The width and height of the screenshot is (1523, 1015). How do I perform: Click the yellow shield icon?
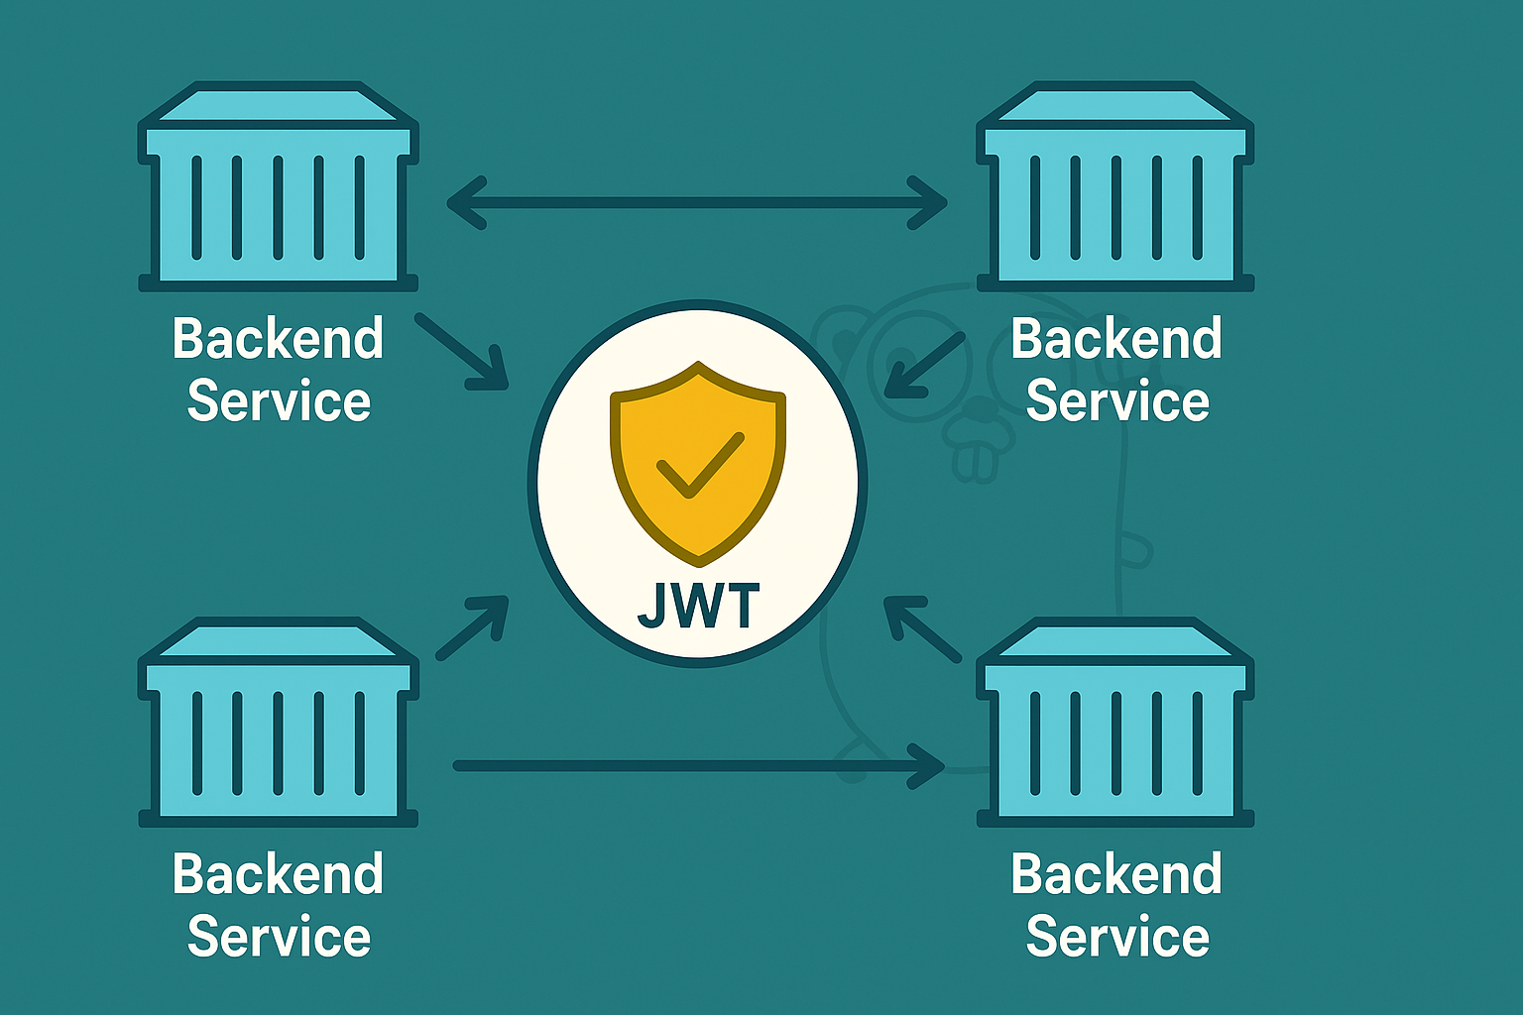point(698,461)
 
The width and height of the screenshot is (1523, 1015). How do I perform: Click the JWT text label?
point(698,606)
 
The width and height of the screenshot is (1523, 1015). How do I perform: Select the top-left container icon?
point(278,188)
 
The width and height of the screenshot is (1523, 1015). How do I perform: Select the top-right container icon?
point(1115,188)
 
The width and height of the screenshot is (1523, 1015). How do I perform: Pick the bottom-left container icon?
point(278,724)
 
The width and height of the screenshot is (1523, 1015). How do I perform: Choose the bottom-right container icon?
point(1115,724)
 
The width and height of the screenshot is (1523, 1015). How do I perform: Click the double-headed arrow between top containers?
point(697,203)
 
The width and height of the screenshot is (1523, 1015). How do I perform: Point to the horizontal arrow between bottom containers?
point(697,766)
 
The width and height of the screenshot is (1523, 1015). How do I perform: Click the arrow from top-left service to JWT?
point(463,352)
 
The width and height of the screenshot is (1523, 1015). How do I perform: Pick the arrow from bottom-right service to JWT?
point(922,628)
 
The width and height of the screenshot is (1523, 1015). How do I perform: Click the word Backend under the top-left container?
point(278,339)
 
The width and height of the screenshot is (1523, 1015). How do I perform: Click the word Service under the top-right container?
point(1117,401)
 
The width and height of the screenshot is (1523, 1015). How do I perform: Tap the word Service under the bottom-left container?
point(279,937)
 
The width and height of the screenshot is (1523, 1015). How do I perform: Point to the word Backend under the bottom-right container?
point(1116,874)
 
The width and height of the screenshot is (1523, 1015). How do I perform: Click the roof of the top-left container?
point(278,106)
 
